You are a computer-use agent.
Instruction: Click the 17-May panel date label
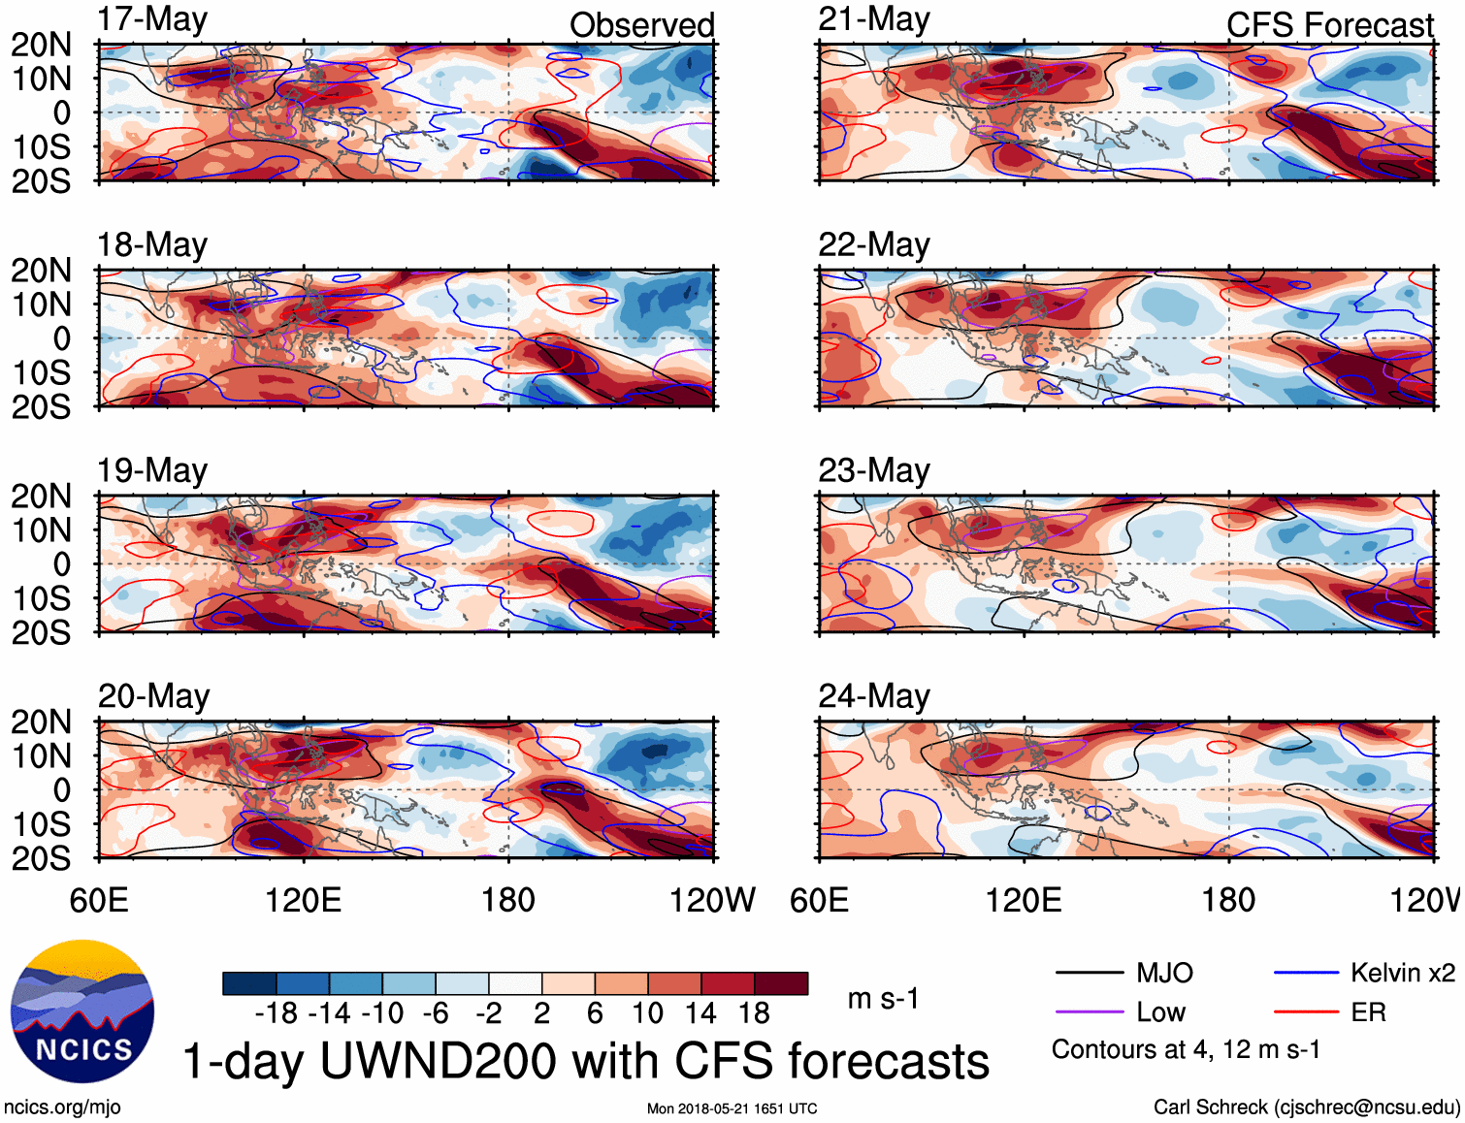[152, 19]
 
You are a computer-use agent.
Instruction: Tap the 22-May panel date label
[873, 244]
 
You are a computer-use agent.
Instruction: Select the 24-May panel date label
[873, 696]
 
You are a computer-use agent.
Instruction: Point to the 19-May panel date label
[152, 470]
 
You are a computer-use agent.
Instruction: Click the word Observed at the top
[641, 25]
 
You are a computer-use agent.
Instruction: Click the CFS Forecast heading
[1329, 25]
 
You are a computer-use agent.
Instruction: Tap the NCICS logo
[82, 1011]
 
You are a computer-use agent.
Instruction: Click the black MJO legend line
[1089, 973]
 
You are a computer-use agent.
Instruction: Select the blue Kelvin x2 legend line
[1306, 973]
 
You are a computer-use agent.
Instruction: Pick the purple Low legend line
[1089, 1012]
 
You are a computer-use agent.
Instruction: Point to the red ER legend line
[1306, 1012]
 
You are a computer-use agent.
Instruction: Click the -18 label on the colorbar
[277, 1013]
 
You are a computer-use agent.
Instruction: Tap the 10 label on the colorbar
[647, 1013]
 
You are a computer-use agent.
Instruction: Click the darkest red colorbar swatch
[781, 983]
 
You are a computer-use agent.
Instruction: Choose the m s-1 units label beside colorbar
[883, 999]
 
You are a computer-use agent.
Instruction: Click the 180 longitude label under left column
[508, 900]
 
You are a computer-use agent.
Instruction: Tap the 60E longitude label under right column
[819, 900]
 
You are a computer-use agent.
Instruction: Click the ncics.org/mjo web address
[62, 1107]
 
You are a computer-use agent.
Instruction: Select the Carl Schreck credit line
[1306, 1107]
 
